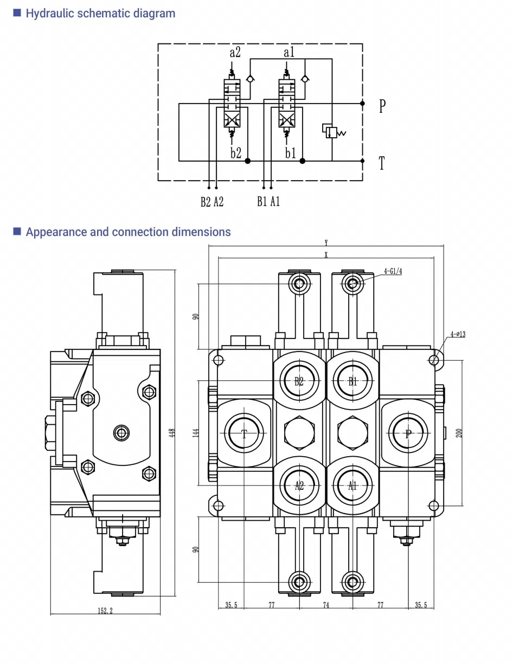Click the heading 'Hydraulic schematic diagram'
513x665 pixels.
tap(100, 14)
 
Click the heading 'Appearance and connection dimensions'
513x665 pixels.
tap(128, 232)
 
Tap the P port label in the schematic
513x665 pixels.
tap(382, 106)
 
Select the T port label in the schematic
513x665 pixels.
tap(382, 163)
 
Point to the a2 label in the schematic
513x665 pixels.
tap(235, 53)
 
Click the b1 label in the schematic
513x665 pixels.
tap(291, 153)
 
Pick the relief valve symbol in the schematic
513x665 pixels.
tap(331, 131)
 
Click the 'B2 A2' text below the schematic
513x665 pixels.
tap(212, 202)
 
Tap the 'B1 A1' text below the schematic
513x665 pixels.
tap(268, 202)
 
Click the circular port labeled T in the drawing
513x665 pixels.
tap(245, 433)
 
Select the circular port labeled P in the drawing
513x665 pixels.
tap(408, 433)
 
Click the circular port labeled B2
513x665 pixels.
tap(299, 381)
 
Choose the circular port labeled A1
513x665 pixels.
tap(353, 485)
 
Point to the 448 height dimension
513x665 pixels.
tap(172, 432)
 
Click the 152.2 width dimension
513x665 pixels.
tap(105, 611)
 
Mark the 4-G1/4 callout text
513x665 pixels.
tap(393, 271)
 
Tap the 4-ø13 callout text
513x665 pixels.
tap(457, 334)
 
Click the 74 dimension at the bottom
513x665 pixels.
tap(326, 605)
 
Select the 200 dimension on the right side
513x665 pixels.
tap(459, 432)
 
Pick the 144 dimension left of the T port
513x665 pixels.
tap(196, 432)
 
